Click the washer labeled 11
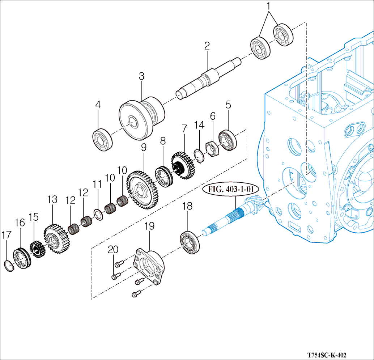tap(98, 213)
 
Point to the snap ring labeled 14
tap(197, 153)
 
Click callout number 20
tap(113, 249)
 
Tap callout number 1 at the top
tap(268, 6)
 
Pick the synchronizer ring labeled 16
tap(22, 258)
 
